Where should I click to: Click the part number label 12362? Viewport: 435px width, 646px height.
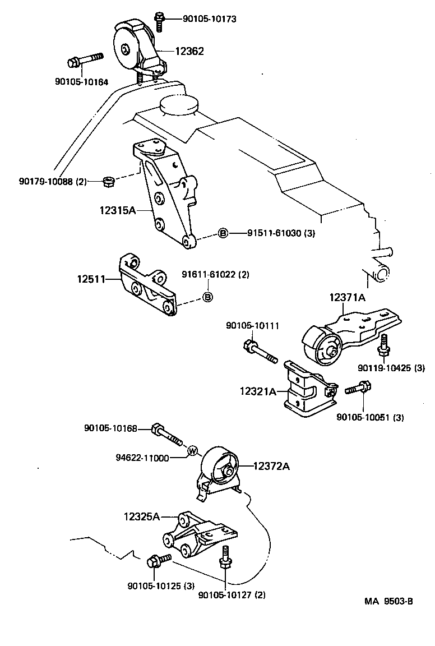click(x=188, y=51)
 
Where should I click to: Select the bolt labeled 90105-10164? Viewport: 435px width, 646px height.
click(x=85, y=59)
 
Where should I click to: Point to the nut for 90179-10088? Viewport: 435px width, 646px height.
click(x=109, y=181)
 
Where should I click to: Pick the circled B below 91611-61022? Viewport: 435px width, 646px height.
click(x=207, y=297)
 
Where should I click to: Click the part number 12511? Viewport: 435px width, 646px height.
click(x=91, y=278)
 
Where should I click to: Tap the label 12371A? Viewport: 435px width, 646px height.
click(x=347, y=297)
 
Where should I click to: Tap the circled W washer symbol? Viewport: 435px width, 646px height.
click(x=192, y=450)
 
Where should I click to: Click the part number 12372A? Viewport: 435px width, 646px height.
click(x=271, y=465)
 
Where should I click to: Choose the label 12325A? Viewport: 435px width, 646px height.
click(x=142, y=516)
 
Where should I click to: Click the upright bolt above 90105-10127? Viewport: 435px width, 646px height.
click(x=225, y=557)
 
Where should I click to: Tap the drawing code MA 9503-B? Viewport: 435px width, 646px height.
click(x=388, y=602)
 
